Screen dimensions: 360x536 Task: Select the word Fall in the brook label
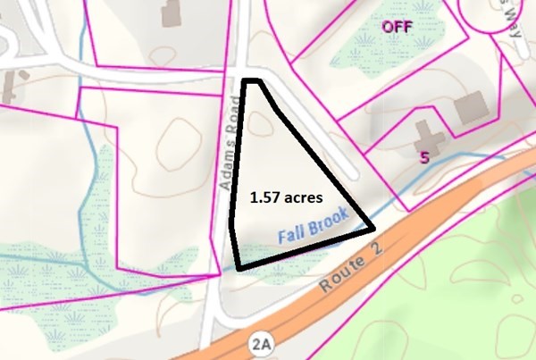click(x=292, y=236)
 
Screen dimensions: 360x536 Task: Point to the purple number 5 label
click(x=424, y=157)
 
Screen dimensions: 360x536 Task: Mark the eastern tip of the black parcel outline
click(x=373, y=228)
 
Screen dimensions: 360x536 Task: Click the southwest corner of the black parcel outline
click(x=239, y=266)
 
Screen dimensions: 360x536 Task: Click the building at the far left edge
click(x=10, y=87)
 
